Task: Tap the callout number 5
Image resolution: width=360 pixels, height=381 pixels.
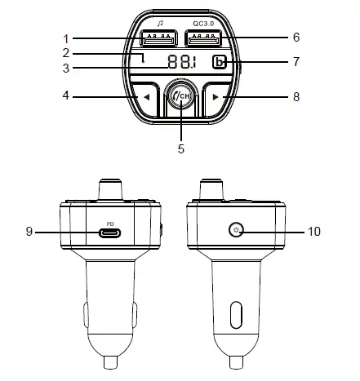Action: click(x=180, y=149)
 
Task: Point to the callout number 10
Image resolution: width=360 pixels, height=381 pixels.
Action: click(x=313, y=232)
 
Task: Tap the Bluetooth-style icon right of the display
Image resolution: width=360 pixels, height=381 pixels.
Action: click(x=219, y=64)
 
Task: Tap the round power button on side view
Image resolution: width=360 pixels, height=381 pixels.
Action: click(x=235, y=231)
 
